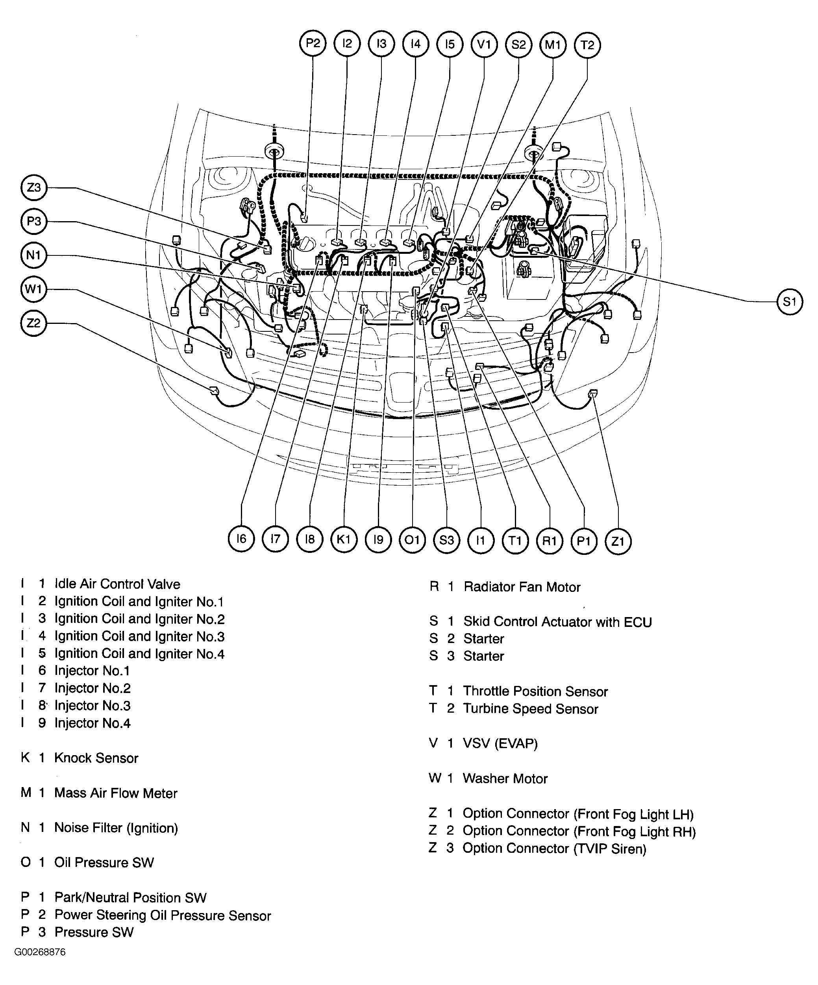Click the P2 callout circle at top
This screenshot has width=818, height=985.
point(313,44)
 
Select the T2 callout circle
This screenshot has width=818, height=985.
point(587,44)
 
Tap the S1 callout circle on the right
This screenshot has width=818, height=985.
point(789,301)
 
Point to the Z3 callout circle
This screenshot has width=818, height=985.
point(34,188)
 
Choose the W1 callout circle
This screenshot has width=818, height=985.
point(34,289)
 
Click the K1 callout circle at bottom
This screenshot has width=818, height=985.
point(344,540)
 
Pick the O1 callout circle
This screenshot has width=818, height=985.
point(412,540)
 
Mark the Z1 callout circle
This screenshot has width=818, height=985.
point(618,541)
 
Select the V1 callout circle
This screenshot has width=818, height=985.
point(484,44)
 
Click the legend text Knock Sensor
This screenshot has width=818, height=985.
point(96,758)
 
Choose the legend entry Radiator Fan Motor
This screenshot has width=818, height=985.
point(522,587)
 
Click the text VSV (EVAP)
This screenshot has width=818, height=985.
point(500,743)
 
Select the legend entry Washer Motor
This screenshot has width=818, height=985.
point(505,779)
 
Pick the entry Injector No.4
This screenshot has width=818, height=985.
point(92,723)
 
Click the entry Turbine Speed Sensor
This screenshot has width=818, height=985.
point(530,709)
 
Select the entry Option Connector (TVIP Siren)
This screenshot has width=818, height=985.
point(554,848)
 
